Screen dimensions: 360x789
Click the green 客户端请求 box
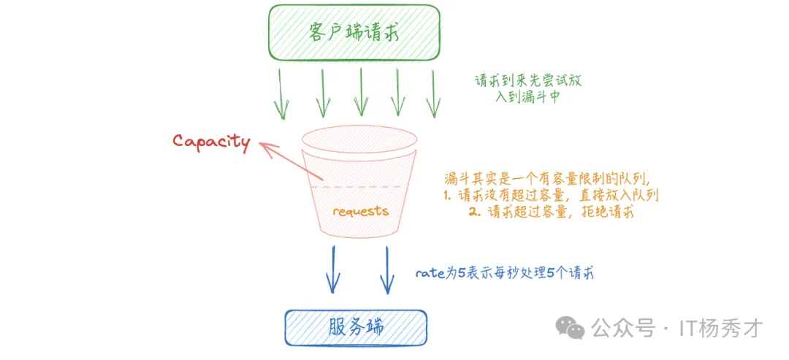tap(354, 32)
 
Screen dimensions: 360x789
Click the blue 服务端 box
tap(355, 328)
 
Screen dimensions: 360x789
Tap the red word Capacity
tap(211, 141)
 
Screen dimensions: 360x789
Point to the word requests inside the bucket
tap(360, 212)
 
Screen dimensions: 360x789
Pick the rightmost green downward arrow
tap(434, 94)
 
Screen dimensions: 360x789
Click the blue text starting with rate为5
tap(504, 274)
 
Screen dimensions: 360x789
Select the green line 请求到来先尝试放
tap(527, 81)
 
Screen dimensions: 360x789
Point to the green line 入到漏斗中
tap(527, 96)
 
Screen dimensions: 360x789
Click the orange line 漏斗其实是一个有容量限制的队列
tap(546, 179)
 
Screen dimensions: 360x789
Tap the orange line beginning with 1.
tap(552, 196)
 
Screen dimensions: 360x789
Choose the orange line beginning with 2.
tap(552, 212)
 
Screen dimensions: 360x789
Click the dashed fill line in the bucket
tap(358, 188)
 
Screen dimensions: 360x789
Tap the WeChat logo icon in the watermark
tap(568, 328)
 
